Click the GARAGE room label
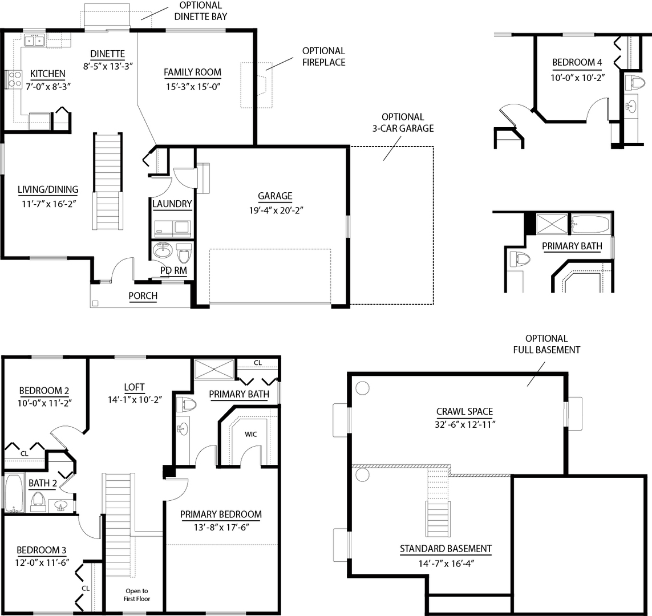point(275,196)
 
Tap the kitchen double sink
point(35,40)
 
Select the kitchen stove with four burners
point(14,79)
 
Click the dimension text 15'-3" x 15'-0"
point(192,87)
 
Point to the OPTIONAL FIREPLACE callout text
point(323,56)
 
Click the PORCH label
point(143,296)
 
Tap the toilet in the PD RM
point(184,252)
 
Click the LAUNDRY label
point(172,204)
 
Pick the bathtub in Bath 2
point(13,493)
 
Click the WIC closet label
point(251,434)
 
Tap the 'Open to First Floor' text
point(136,595)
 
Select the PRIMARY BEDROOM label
point(221,514)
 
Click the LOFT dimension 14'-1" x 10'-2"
point(136,400)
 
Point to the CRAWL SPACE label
point(464,411)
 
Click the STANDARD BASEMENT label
point(446,549)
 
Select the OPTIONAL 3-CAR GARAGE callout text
point(403,122)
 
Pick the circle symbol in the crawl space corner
point(361,388)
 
